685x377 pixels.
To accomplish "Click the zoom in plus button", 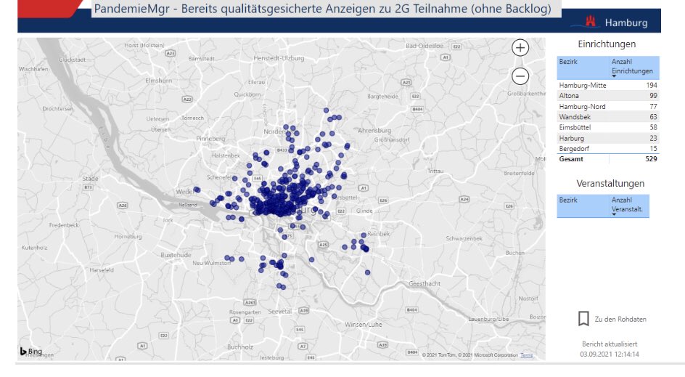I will [520, 48].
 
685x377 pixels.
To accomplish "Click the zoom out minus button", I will [520, 76].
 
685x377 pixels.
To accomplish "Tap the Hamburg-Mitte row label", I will [583, 86].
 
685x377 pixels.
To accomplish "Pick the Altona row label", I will [570, 96].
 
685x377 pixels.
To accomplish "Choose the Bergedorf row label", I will [575, 148].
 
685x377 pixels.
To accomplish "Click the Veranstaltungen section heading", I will [610, 183].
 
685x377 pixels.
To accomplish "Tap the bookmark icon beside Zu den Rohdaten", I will [583, 319].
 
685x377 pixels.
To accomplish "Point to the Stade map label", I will [91, 178].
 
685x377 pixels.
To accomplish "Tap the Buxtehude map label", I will [175, 255].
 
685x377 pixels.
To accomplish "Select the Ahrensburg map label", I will [374, 131].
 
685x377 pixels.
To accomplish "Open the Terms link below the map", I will [527, 355].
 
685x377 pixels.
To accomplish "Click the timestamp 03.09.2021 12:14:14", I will [610, 354].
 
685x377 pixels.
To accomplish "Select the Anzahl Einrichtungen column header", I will [632, 67].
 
